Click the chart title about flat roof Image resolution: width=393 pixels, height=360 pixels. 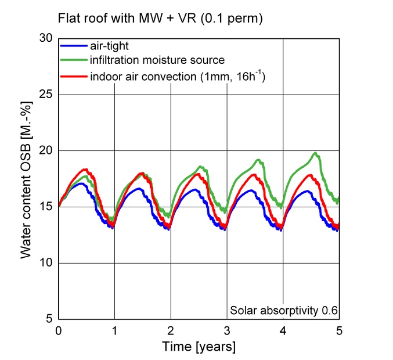pyautogui.click(x=161, y=18)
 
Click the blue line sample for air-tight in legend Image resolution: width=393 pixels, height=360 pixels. pyautogui.click(x=74, y=45)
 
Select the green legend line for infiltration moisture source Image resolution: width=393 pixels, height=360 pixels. pyautogui.click(x=74, y=60)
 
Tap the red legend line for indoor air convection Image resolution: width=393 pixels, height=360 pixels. pyautogui.click(x=74, y=75)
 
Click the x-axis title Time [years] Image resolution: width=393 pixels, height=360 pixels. pyautogui.click(x=199, y=347)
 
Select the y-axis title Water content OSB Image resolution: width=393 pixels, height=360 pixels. pyautogui.click(x=26, y=179)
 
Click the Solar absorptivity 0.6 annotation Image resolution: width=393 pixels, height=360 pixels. pyautogui.click(x=283, y=309)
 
